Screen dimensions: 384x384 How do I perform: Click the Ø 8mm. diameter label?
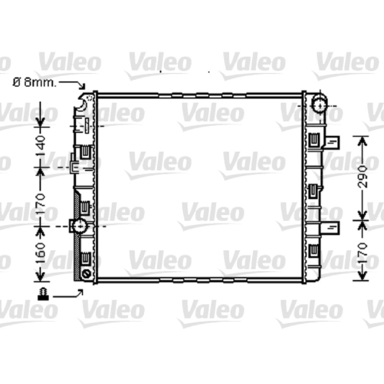pyautogui.click(x=34, y=83)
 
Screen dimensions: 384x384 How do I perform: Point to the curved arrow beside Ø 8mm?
pyautogui.click(x=73, y=83)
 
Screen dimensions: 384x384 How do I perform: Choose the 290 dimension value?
pyautogui.click(x=362, y=177)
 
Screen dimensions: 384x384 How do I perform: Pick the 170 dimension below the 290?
pyautogui.click(x=362, y=253)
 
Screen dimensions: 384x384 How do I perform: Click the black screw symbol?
pyautogui.click(x=43, y=294)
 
